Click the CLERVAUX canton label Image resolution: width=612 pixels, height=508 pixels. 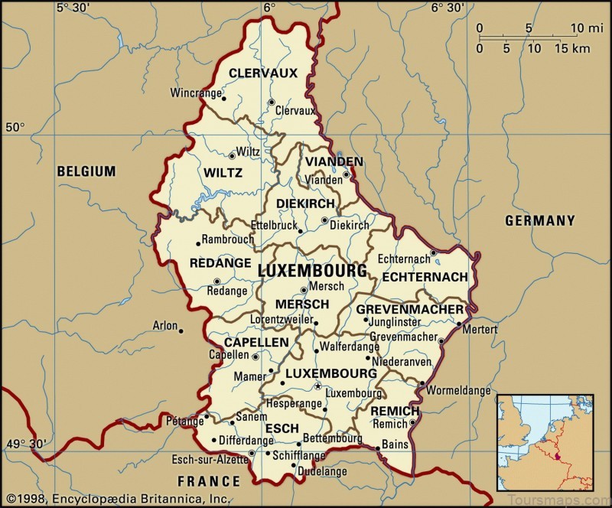pos(263,74)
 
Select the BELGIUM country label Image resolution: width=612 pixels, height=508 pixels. pos(86,171)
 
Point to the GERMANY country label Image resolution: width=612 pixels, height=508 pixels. pos(539,220)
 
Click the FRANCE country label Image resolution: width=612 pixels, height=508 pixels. pos(209,481)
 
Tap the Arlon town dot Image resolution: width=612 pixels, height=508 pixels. pos(181,331)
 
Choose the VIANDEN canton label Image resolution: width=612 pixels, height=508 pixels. pos(334,162)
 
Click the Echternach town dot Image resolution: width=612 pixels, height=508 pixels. pos(433,252)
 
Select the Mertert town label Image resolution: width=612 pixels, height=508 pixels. pos(480,330)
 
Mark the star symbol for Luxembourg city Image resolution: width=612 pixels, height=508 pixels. pos(318,386)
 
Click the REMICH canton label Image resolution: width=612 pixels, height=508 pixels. pos(395,412)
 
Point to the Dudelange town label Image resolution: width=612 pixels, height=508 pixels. pos(319,474)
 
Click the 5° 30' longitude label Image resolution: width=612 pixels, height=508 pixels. pos(74,8)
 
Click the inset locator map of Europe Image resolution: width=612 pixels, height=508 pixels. pos(545,441)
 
